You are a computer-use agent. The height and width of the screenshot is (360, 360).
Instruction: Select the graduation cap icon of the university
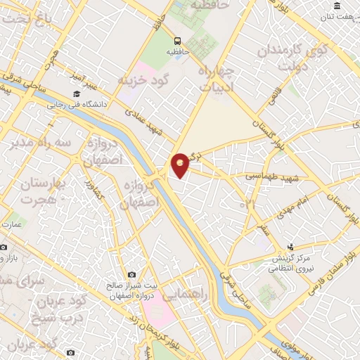pyautogui.click(x=76, y=94)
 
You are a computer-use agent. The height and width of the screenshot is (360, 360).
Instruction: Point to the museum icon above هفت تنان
pyautogui.click(x=337, y=6)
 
